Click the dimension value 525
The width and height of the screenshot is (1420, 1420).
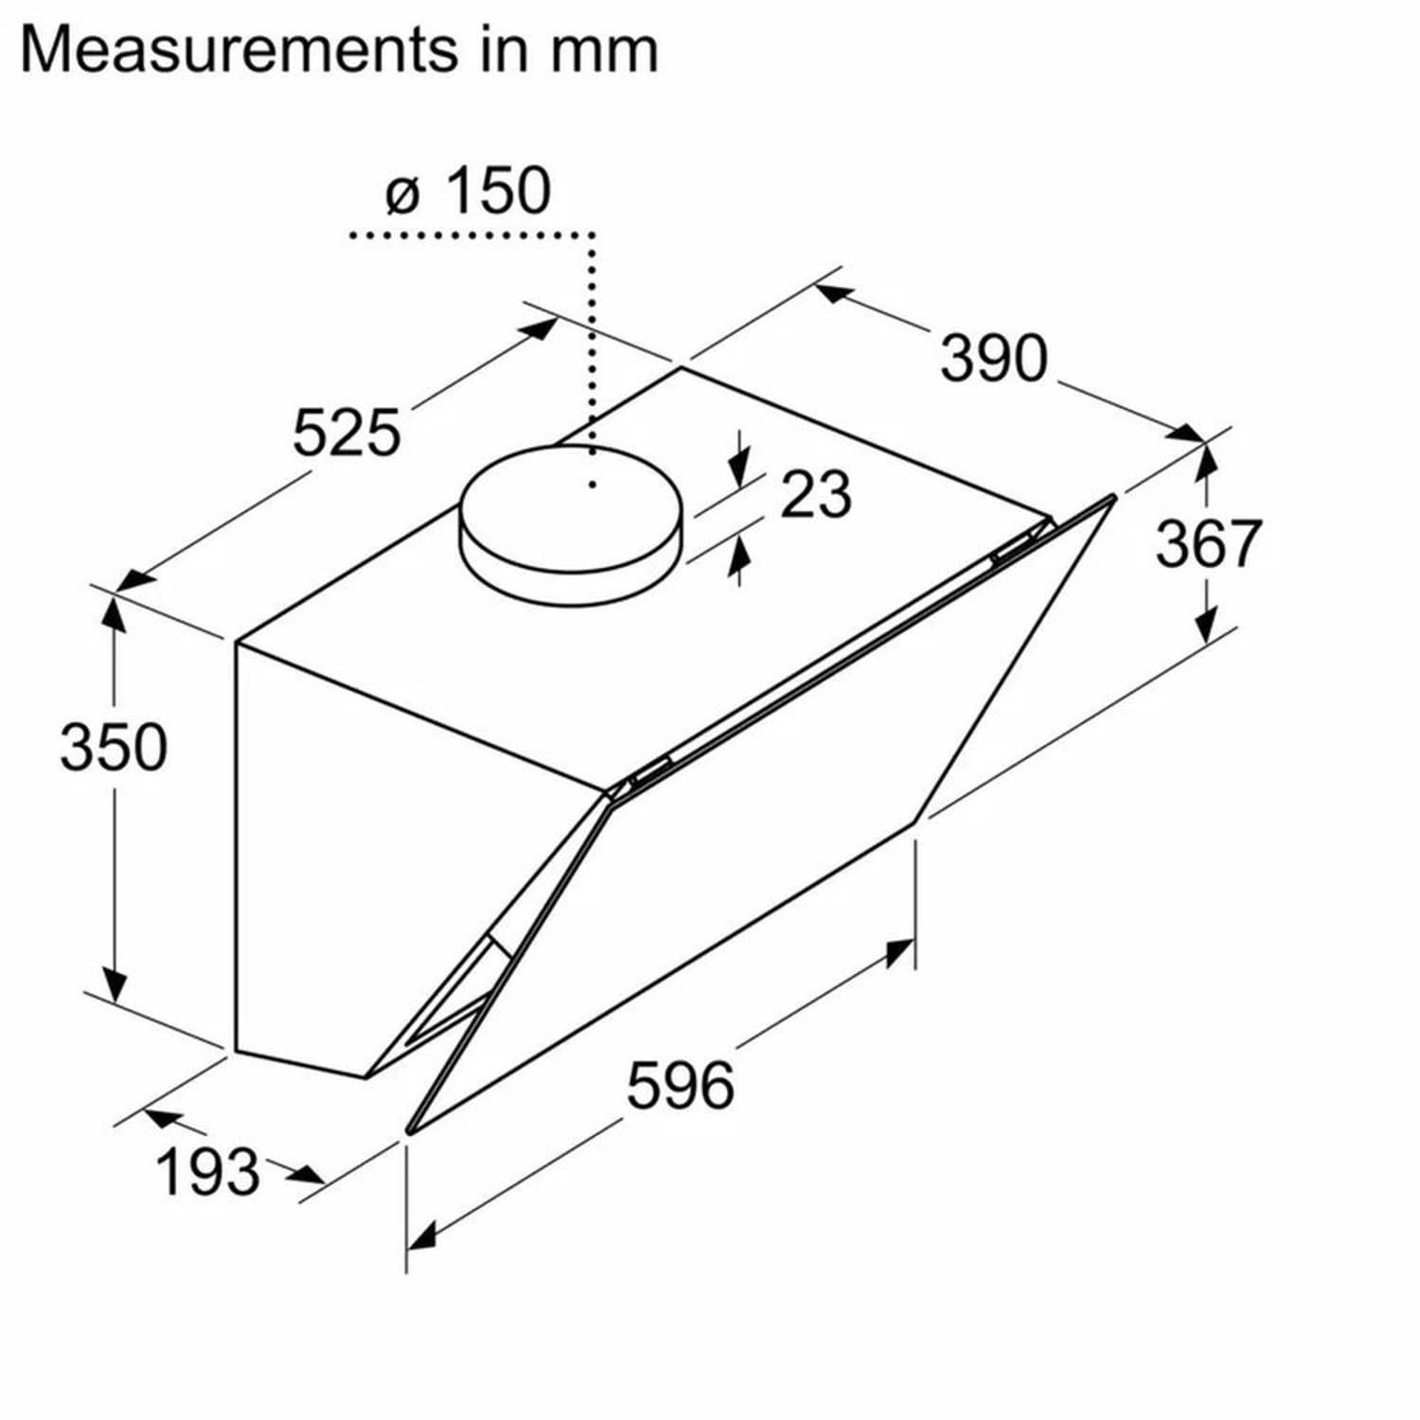coord(346,433)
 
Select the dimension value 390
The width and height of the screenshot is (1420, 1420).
coord(994,358)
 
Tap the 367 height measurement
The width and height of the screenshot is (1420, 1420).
coord(1209,543)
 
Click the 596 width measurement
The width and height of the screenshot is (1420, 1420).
coord(681,1084)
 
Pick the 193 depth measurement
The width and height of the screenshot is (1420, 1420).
coord(207,1171)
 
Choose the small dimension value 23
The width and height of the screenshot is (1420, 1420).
coord(815,494)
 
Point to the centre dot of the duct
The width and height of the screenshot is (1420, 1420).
coord(593,485)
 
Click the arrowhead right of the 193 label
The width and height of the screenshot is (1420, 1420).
coord(308,1177)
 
